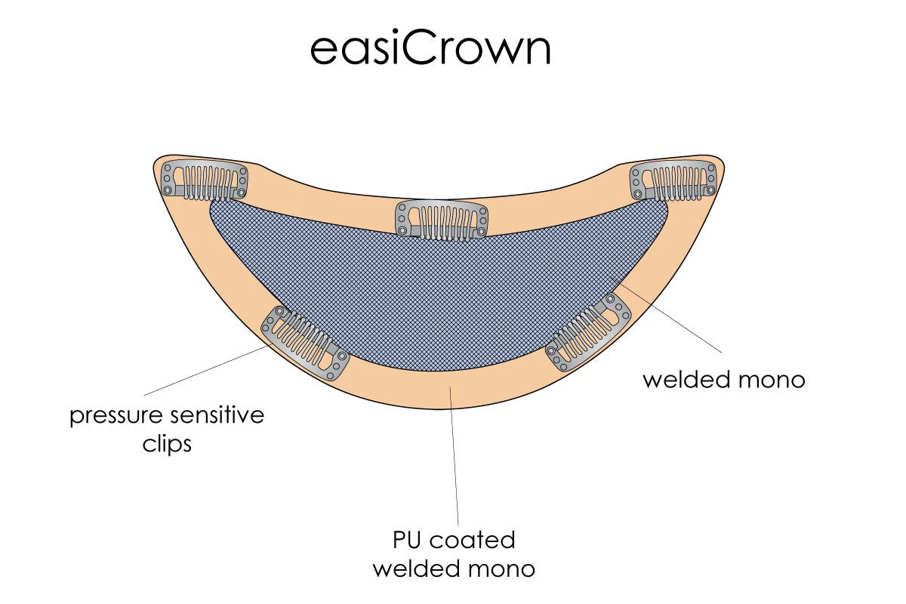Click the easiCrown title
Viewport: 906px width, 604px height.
[430, 48]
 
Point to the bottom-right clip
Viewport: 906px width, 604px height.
[589, 332]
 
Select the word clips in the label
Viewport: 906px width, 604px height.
[167, 444]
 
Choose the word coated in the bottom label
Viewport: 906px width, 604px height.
[473, 540]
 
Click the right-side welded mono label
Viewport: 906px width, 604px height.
[723, 379]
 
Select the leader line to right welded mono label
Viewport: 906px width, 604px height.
[672, 317]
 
